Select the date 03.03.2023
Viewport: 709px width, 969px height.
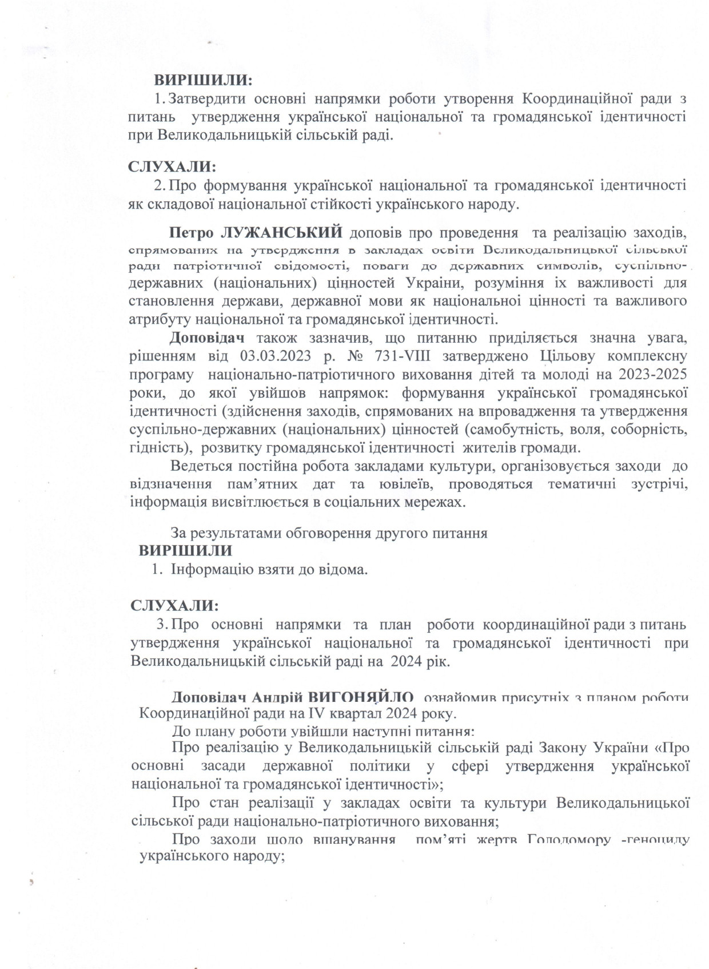click(x=272, y=356)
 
